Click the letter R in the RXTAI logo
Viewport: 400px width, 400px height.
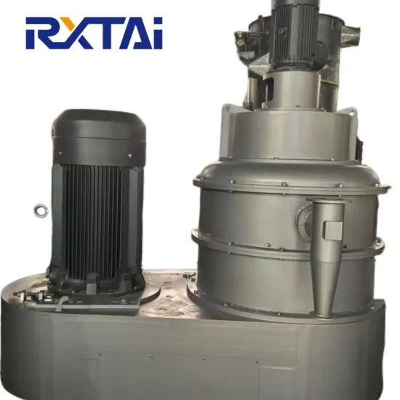tap(44, 33)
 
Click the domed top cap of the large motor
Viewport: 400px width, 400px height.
tap(99, 124)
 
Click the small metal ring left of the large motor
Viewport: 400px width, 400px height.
tap(40, 210)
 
